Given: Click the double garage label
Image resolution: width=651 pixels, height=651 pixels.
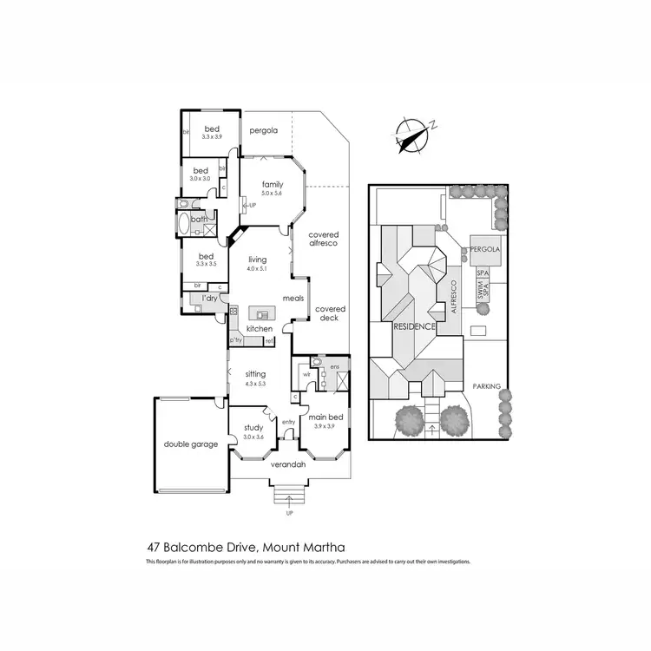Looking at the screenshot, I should point(190,444).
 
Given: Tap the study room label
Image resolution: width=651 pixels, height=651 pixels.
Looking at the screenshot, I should point(253,427).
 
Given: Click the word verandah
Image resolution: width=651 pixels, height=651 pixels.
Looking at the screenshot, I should point(288,465).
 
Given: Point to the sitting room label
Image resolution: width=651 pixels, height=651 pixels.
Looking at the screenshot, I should point(254,373).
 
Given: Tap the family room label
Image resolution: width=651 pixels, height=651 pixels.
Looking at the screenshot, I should point(273,184).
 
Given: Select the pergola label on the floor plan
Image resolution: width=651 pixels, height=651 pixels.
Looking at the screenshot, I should point(263,131).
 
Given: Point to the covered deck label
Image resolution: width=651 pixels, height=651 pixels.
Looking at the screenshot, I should point(330,313).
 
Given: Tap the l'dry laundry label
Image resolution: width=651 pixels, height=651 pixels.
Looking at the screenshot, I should point(208,299).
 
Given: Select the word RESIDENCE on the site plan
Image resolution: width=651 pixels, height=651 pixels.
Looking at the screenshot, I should point(414,327).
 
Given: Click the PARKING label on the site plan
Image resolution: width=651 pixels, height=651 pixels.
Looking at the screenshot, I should point(486,385).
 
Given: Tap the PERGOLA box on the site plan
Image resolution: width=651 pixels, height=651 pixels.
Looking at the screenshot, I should point(486,250).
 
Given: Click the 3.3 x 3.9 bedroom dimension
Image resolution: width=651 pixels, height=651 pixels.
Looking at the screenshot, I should point(213,137).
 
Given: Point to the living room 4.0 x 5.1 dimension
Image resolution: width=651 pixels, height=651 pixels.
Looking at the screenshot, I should point(257,268).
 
